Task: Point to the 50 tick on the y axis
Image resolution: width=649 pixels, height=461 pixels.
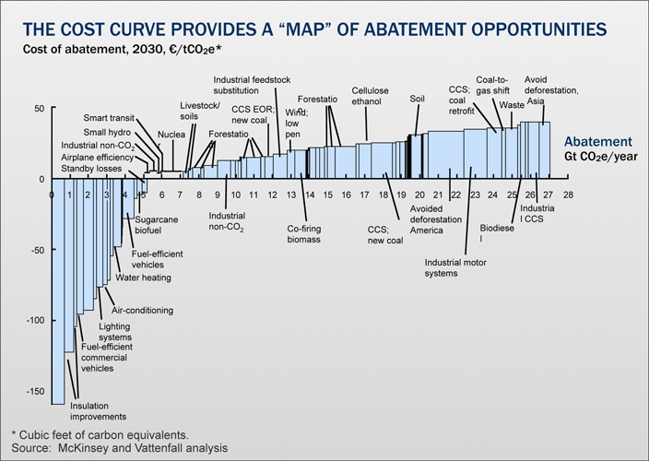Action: pyautogui.click(x=37, y=108)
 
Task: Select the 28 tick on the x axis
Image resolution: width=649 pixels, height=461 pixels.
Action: pyautogui.click(x=569, y=195)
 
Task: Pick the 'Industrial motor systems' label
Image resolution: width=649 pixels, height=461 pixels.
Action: pyautogui.click(x=454, y=266)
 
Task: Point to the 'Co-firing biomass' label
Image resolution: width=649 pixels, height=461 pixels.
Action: pyautogui.click(x=303, y=233)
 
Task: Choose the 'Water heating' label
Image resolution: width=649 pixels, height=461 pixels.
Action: pyautogui.click(x=143, y=277)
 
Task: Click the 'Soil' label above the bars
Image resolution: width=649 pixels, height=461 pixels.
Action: pyautogui.click(x=418, y=97)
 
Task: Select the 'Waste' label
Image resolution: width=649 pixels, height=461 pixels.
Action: pyautogui.click(x=512, y=105)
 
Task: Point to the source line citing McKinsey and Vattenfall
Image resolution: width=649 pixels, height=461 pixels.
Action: pyautogui.click(x=120, y=447)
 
